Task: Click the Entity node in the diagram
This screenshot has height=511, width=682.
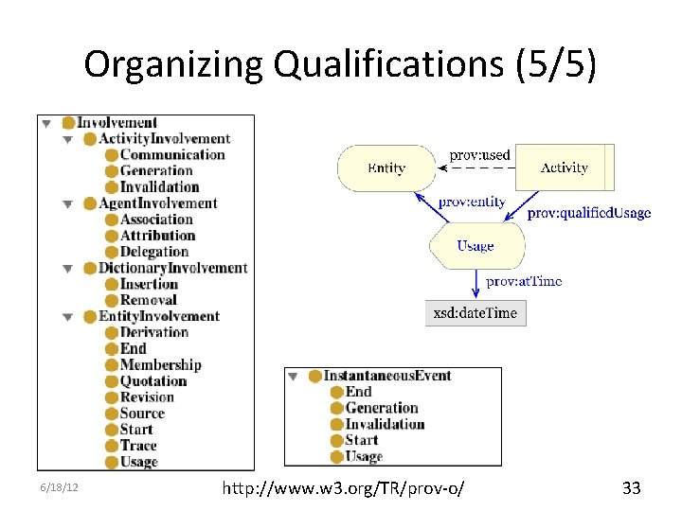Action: pyautogui.click(x=386, y=168)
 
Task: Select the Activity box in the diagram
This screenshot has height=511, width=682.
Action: pyautogui.click(x=565, y=167)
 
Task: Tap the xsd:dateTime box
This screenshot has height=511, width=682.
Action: pyautogui.click(x=476, y=312)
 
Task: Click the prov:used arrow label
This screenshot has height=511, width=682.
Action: pyautogui.click(x=479, y=154)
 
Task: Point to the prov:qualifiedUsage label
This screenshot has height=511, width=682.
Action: pyautogui.click(x=589, y=213)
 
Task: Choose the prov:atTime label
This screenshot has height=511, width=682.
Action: pyautogui.click(x=524, y=281)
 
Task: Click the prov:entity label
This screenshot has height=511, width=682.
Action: pyautogui.click(x=472, y=202)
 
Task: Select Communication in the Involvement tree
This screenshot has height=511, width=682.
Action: pyautogui.click(x=172, y=155)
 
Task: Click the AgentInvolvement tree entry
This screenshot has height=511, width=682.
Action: pyautogui.click(x=157, y=203)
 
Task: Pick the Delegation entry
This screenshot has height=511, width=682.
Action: pyautogui.click(x=154, y=252)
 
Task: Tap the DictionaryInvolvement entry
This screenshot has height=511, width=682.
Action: pyautogui.click(x=172, y=268)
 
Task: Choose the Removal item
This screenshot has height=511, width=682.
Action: pyautogui.click(x=148, y=300)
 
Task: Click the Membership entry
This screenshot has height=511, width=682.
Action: pyautogui.click(x=160, y=364)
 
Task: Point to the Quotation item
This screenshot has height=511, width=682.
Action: pyautogui.click(x=153, y=380)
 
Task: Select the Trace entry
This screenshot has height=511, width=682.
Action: pyautogui.click(x=138, y=445)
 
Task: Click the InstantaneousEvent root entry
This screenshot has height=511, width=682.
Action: pyautogui.click(x=386, y=376)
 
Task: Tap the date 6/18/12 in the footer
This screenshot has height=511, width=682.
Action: pyautogui.click(x=59, y=489)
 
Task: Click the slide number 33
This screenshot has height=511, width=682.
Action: pyautogui.click(x=631, y=488)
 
